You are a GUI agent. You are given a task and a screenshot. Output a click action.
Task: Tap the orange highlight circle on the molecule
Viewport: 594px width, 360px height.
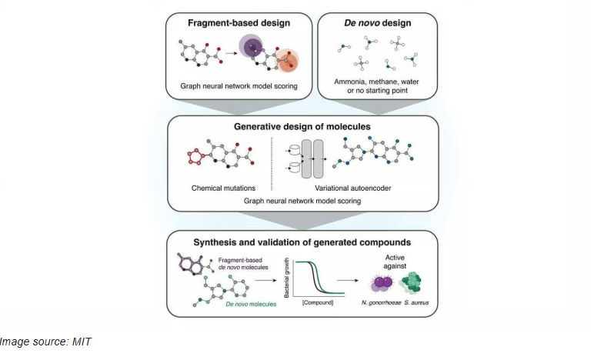click(x=288, y=56)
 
